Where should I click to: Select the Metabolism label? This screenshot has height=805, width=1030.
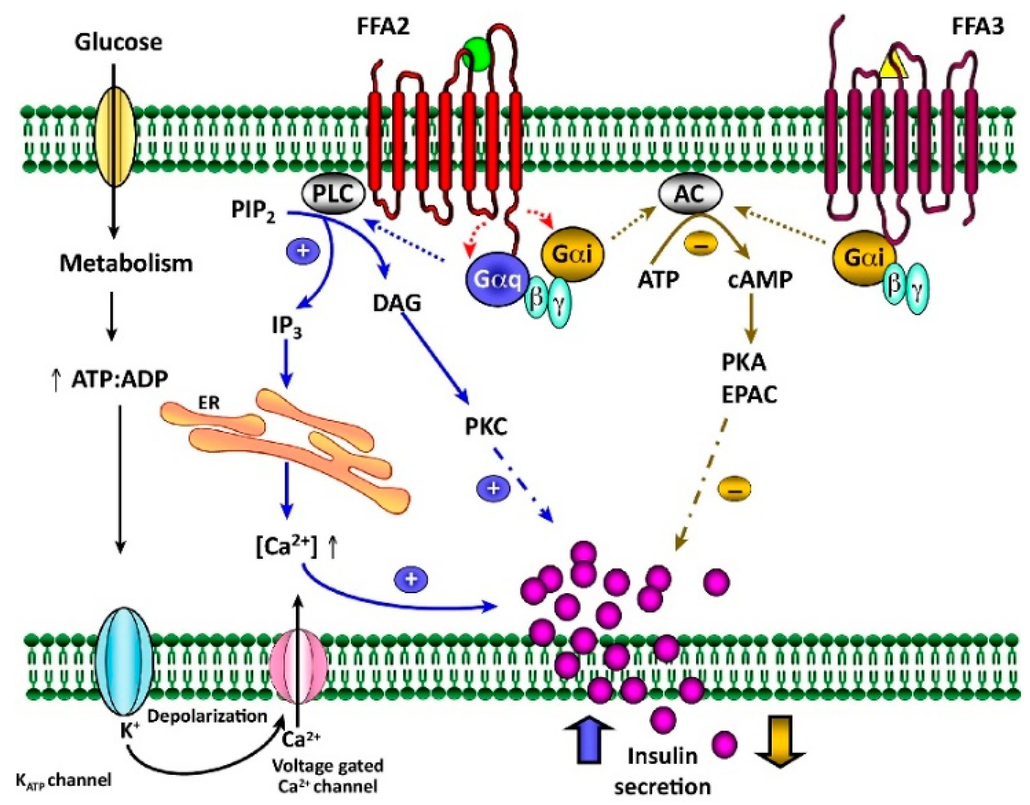pos(126,263)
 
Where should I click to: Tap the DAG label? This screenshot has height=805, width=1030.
pos(397,303)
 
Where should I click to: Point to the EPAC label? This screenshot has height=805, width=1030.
pos(749,395)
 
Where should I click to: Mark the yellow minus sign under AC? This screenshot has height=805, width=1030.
pos(700,245)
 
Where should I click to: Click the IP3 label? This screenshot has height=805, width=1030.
pos(287,326)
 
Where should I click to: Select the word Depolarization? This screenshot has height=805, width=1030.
pos(208,716)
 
